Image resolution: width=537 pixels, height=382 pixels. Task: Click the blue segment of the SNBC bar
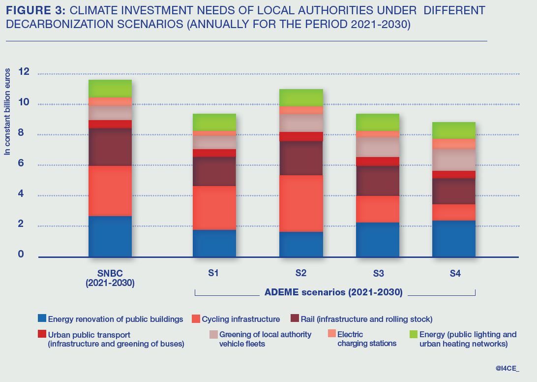click(x=110, y=236)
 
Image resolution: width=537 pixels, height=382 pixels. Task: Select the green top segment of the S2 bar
click(x=301, y=97)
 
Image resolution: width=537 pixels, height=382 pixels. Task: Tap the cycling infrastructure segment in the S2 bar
click(x=301, y=203)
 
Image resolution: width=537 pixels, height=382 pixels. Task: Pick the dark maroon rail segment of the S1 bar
click(x=214, y=171)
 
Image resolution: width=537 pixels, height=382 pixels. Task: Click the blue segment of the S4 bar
click(x=454, y=238)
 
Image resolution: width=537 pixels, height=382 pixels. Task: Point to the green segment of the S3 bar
click(x=378, y=122)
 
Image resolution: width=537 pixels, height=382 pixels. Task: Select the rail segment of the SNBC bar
click(x=110, y=147)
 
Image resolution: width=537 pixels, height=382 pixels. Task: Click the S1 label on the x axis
click(x=213, y=273)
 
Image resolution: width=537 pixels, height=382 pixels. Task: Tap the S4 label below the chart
click(x=455, y=273)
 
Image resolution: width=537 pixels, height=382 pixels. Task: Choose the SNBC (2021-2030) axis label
click(x=110, y=278)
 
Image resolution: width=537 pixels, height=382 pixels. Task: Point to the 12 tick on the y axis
click(x=24, y=72)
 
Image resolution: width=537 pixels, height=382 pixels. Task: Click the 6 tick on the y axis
click(x=21, y=163)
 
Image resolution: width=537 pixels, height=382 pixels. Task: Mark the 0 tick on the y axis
click(x=21, y=254)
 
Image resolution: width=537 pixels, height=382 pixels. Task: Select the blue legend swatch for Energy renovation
click(x=42, y=319)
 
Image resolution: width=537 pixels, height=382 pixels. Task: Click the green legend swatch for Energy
click(x=413, y=335)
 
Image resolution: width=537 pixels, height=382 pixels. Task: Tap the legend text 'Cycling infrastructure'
click(x=240, y=319)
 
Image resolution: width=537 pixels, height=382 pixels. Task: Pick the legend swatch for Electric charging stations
click(x=332, y=334)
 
